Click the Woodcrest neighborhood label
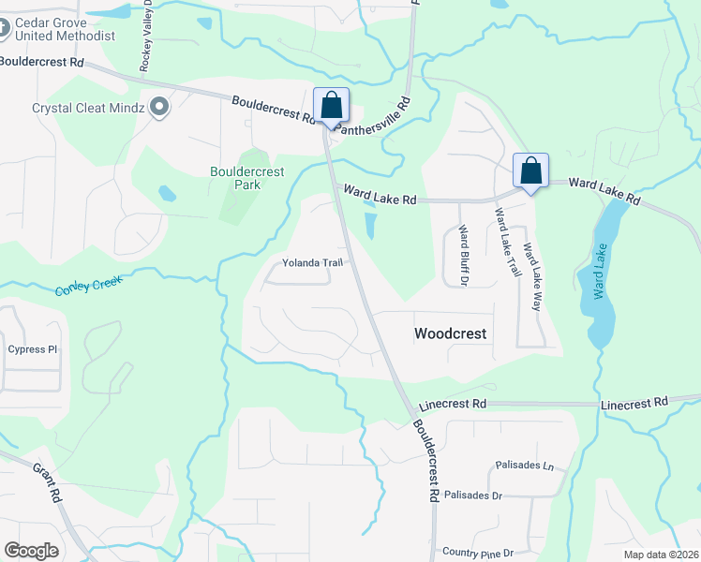(451, 333)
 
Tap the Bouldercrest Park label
(247, 177)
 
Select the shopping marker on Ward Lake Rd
(530, 171)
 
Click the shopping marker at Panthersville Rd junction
(331, 105)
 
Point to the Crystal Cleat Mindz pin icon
(158, 108)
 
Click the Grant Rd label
(46, 483)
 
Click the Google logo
(31, 551)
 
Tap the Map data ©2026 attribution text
(662, 555)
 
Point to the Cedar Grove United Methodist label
(64, 28)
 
